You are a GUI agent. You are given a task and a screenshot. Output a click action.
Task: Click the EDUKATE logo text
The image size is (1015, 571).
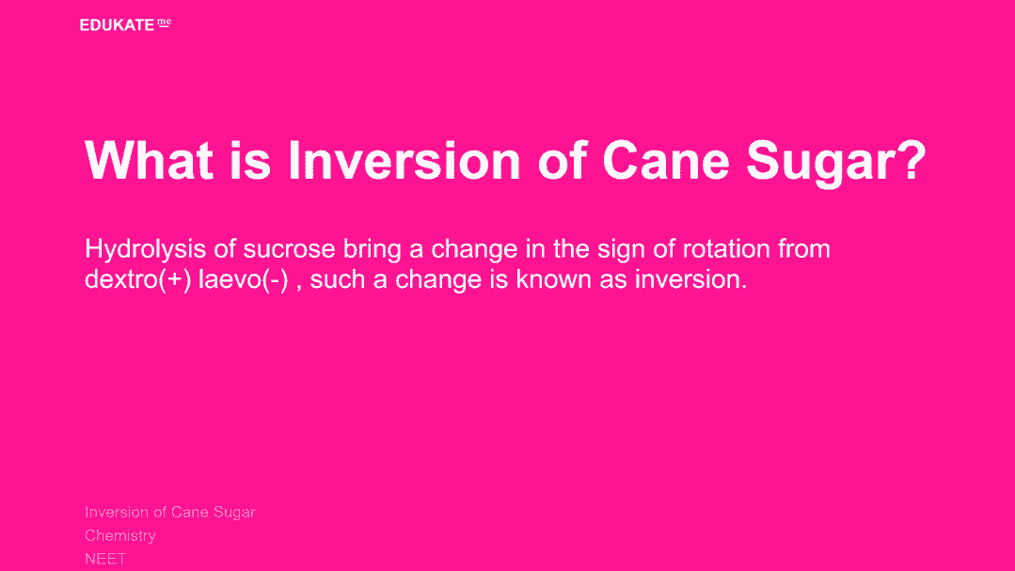point(117,25)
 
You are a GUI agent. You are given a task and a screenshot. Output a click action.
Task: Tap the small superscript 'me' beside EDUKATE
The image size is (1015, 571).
point(164,24)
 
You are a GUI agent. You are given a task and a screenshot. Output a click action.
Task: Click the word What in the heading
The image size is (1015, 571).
point(149,160)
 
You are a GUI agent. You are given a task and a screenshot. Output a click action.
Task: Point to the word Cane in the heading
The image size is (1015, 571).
point(666,160)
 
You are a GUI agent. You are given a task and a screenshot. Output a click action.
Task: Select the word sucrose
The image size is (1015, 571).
point(290,250)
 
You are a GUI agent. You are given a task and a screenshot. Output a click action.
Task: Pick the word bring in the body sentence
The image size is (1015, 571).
point(373,250)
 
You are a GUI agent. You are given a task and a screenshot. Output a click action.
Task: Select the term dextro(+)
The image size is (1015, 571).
point(138,279)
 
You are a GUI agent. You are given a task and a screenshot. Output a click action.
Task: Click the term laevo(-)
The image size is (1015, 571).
point(243,279)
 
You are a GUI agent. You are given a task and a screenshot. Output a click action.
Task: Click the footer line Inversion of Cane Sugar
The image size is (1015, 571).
point(170,512)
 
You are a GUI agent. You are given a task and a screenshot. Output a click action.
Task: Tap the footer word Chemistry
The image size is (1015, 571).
point(120,536)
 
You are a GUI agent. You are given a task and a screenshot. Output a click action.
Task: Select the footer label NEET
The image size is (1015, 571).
point(104,559)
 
